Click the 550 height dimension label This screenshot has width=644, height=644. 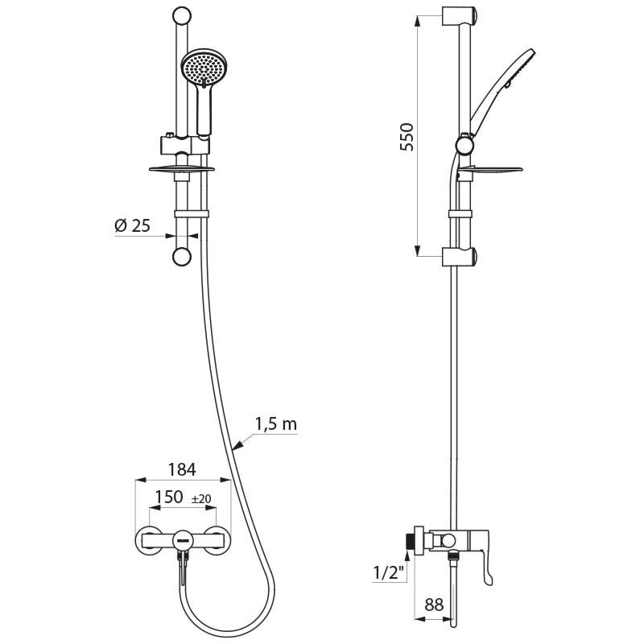[407, 137]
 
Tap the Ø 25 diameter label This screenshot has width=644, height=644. [133, 225]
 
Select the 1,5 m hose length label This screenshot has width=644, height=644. [275, 424]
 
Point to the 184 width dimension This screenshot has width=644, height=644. [182, 469]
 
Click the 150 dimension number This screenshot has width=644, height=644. [168, 497]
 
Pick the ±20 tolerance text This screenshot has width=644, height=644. [201, 499]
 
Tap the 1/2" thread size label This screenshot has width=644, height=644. [387, 573]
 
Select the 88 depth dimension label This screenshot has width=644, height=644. [434, 605]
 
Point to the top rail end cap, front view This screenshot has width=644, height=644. [182, 17]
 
